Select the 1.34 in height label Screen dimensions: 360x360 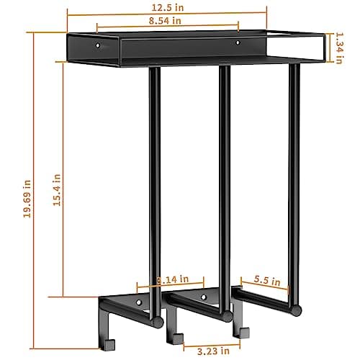tap(338, 48)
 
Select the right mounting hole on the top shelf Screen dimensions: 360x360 tap(238, 44)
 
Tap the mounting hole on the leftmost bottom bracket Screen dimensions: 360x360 tap(139, 300)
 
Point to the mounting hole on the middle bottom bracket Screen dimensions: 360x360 tap(204, 297)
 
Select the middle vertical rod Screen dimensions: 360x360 tap(225, 180)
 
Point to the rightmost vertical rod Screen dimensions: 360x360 tap(294, 173)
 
